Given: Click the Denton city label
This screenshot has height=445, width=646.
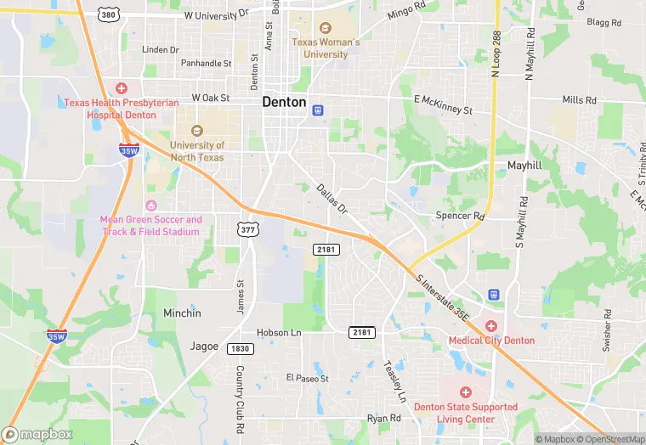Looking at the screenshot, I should pos(284,101).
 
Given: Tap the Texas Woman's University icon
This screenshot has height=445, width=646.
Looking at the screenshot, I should pos(326,28).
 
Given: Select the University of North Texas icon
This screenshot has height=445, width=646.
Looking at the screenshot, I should pos(197,131).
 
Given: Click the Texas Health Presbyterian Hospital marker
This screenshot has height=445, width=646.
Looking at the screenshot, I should pos(122,88).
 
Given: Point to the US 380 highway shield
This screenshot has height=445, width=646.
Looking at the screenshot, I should pos(107,14).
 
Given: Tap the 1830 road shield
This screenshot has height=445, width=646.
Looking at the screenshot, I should pos(240,349).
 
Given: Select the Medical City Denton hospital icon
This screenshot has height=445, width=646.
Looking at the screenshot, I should pos(490,326).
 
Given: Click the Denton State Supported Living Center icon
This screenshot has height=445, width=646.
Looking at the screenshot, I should pos(465,392).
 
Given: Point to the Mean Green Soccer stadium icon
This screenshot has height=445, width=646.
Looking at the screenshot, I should pos(151,206).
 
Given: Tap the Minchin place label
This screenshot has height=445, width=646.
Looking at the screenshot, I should pos(182,313).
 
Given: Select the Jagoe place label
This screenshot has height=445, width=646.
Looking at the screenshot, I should pos(204,346).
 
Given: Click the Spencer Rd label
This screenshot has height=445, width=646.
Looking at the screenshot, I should pos(460,216).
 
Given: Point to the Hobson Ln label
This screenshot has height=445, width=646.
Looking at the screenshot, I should pos(279,333).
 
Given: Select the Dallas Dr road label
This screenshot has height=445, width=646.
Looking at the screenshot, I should pos(332,199).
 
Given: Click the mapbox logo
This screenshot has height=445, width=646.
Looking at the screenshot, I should pos(37,434).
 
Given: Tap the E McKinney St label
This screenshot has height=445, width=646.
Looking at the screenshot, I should pos(443,104).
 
